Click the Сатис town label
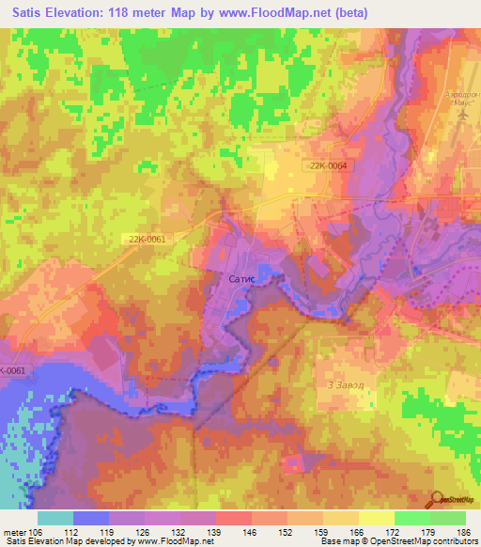coord(243,279)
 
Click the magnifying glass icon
coord(437,498)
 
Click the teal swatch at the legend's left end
coord(54,518)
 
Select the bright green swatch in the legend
coord(411,518)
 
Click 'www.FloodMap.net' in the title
coord(287,12)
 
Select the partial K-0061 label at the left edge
coord(13,370)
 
